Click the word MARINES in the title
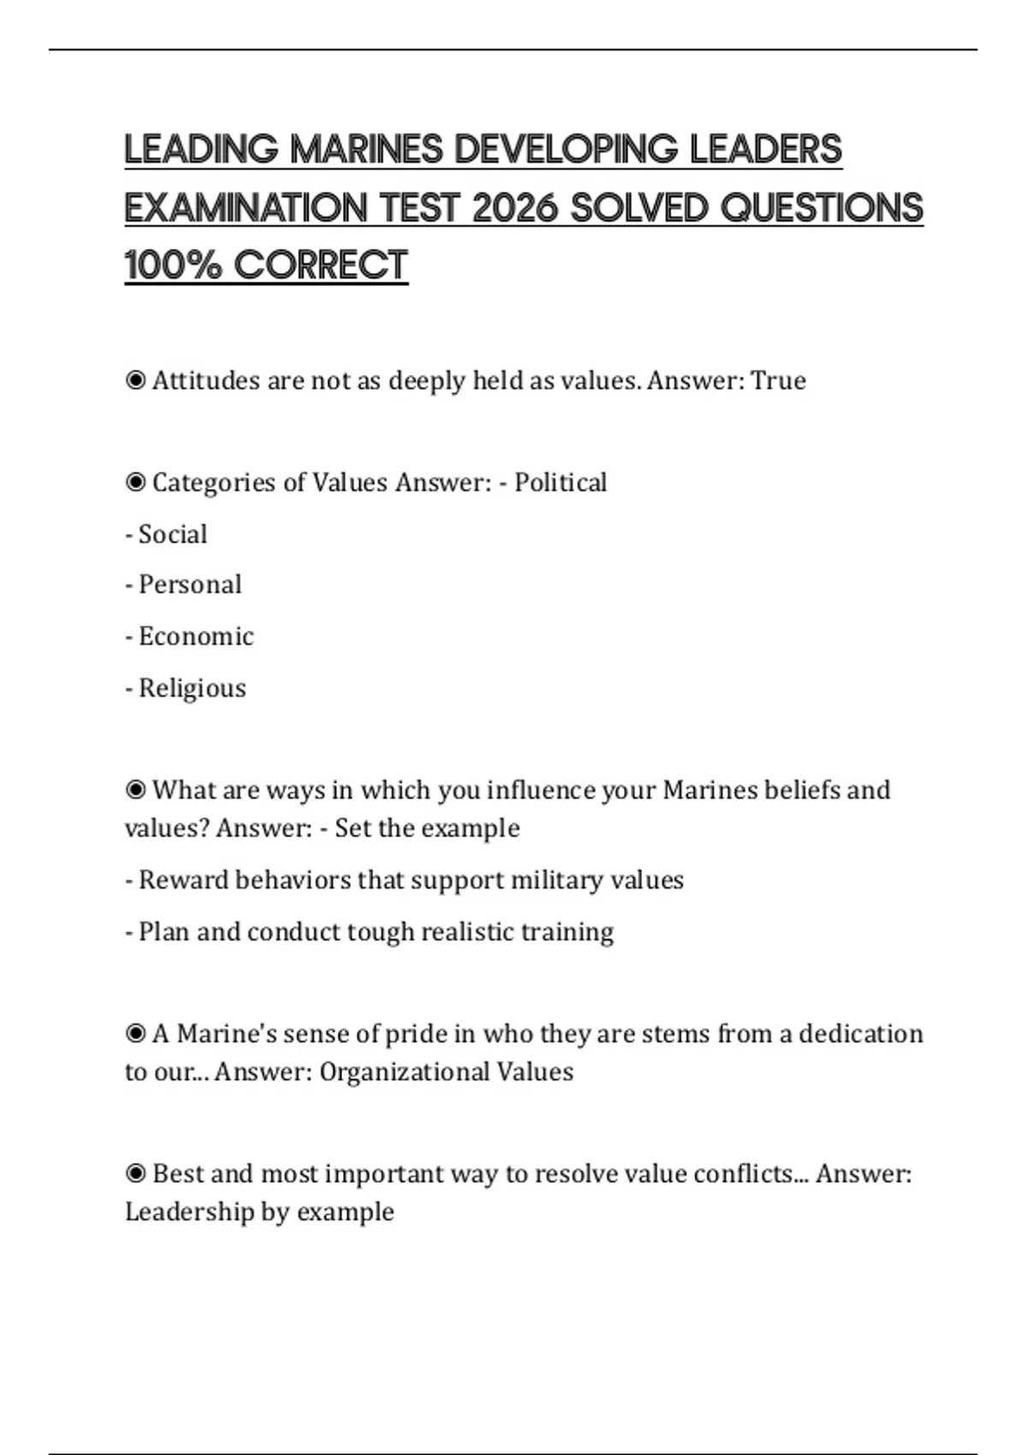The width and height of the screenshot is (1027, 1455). (x=367, y=150)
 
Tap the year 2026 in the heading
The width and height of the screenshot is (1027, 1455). (x=515, y=208)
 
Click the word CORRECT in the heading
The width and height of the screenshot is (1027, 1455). (x=321, y=265)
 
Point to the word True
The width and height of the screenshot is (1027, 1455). (x=778, y=381)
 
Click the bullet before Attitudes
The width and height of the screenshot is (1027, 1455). (x=135, y=380)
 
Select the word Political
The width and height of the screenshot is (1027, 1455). (x=561, y=483)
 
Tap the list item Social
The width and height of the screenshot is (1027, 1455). (x=172, y=535)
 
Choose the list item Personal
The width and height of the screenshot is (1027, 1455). (x=189, y=585)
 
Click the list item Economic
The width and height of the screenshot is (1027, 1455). (x=195, y=637)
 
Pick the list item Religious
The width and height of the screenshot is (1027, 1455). (x=192, y=688)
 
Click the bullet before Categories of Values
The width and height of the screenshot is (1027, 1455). (x=135, y=483)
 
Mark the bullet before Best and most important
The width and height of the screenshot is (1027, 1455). (x=135, y=1173)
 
